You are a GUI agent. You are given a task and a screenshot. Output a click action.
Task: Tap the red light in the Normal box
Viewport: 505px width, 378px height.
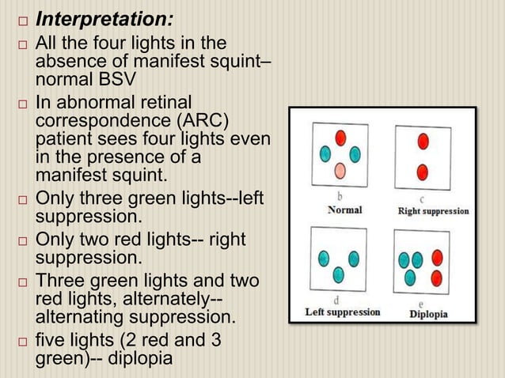pos(340,138)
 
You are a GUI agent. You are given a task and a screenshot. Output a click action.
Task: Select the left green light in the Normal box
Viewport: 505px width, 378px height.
pos(325,153)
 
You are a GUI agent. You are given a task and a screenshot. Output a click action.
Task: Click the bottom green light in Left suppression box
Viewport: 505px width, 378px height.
pos(339,274)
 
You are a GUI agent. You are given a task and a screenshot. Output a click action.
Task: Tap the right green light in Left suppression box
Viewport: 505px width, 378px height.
pos(354,258)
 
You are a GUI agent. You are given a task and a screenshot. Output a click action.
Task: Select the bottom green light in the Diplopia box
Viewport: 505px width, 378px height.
pos(410,277)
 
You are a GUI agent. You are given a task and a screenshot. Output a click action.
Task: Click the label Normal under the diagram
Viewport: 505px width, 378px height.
pos(344,210)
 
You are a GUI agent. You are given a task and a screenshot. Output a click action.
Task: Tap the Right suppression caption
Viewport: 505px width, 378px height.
pos(432,211)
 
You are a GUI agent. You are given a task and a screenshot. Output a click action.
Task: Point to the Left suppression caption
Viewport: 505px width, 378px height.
pos(343,312)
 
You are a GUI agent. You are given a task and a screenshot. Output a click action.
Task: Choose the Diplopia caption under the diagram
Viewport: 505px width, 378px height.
pos(428,313)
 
